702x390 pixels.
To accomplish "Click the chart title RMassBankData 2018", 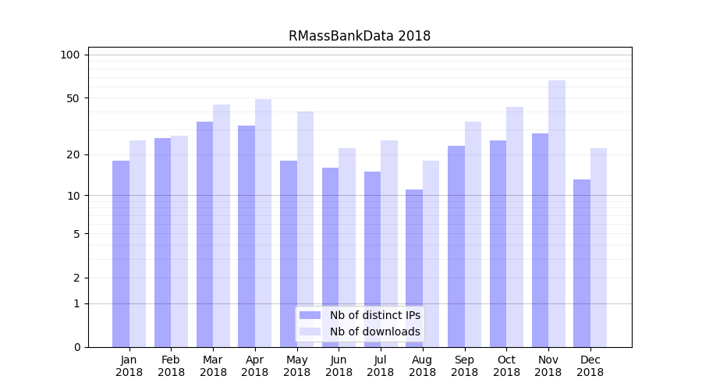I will tap(359, 36).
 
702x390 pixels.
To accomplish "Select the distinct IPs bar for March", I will tap(204, 234).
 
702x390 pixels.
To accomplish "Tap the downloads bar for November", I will tap(557, 214).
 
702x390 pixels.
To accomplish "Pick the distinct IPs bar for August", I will tap(414, 268).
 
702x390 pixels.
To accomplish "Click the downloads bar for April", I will tap(264, 223).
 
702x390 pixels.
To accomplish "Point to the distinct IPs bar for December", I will tap(582, 263).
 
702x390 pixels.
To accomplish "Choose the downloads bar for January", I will tap(138, 243).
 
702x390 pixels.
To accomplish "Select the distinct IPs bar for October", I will tap(498, 243).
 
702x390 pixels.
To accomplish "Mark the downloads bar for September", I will tap(473, 234).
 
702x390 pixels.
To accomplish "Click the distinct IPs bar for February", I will tap(162, 243).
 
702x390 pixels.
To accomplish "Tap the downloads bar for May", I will tap(305, 229).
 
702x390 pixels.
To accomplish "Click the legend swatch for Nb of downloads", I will tap(310, 331).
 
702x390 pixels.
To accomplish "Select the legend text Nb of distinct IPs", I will tap(374, 315).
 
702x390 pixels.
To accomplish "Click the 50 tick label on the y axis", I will tap(73, 98).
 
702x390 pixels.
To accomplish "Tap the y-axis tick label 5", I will tap(76, 233).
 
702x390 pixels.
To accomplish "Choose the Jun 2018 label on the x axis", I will tap(339, 366).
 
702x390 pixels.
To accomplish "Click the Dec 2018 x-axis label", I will tap(590, 366).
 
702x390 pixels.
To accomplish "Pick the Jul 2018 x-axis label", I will tap(381, 366).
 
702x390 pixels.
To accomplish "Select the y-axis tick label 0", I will tap(76, 347).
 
